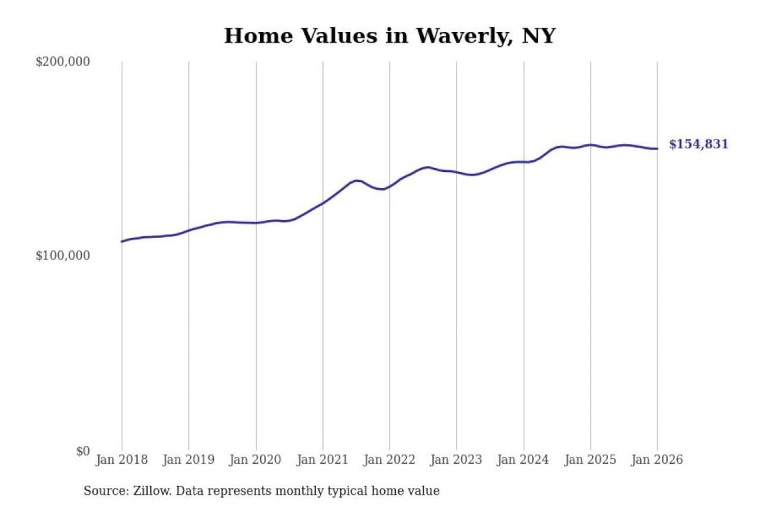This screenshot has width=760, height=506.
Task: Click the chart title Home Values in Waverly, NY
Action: [389, 36]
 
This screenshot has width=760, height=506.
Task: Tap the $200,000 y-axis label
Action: [63, 62]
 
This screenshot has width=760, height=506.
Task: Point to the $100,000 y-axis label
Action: [63, 256]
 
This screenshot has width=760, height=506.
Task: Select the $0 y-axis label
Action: [83, 451]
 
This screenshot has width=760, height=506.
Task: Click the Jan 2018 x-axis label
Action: [121, 460]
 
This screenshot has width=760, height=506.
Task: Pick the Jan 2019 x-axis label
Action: [188, 460]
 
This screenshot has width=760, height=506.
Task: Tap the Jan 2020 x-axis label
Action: [255, 460]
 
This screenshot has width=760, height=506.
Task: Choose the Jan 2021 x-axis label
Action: [322, 460]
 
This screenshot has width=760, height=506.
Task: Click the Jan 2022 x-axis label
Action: [389, 460]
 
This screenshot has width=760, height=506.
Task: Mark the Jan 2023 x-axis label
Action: [456, 460]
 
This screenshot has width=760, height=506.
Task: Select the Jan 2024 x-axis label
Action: [523, 460]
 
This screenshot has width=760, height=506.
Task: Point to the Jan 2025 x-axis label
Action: [590, 460]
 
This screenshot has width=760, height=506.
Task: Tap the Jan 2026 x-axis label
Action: [657, 460]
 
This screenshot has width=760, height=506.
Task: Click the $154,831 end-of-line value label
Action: [698, 144]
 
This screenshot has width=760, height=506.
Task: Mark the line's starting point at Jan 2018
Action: [122, 241]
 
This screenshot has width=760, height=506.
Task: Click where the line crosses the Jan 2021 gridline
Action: [323, 202]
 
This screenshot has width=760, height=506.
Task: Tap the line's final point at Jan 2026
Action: [657, 149]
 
